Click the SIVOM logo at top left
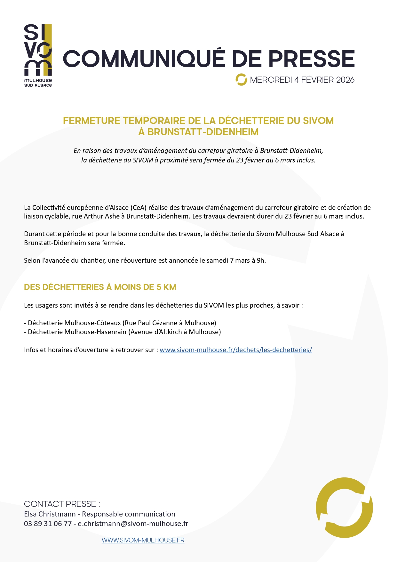tap(38, 55)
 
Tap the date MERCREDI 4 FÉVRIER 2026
tap(302, 80)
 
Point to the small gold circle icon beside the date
tap(241, 80)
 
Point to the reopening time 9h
tap(261, 260)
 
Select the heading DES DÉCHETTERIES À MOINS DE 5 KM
tap(100, 287)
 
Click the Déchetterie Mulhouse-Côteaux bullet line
tap(120, 323)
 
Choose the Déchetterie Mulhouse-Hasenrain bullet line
tap(123, 332)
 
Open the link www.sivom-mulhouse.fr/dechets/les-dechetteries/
tap(236, 350)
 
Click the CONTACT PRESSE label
tap(62, 504)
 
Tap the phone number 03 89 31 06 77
tap(48, 524)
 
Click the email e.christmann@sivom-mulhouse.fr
tap(133, 524)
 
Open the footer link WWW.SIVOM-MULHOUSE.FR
tap(143, 540)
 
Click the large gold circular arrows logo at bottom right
tap(345, 508)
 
